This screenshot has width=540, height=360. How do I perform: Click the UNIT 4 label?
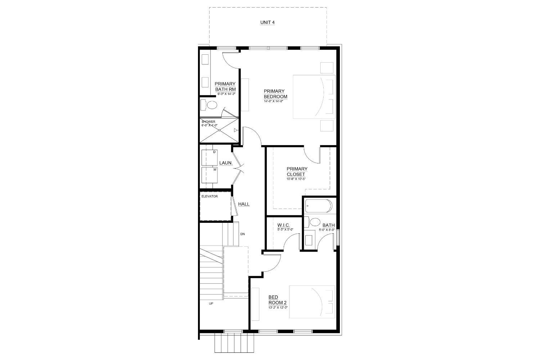point(267,22)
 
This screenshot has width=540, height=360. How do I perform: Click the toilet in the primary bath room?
point(211,105)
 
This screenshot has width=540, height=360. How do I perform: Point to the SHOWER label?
point(208,122)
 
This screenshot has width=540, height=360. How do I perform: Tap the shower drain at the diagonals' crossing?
point(219,130)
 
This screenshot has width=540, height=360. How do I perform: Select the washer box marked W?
point(210,174)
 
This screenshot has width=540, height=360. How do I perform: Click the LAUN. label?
point(226,163)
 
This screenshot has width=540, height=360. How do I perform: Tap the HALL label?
point(244,204)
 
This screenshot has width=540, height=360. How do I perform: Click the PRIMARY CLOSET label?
point(297,171)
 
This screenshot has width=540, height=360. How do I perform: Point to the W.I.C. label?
point(284,225)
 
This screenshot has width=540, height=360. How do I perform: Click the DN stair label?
point(242,234)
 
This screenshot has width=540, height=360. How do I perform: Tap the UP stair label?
point(211,303)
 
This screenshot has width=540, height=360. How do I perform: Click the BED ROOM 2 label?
point(278,300)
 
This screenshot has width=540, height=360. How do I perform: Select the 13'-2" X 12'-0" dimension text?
point(278,307)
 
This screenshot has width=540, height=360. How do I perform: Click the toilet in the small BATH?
point(315,222)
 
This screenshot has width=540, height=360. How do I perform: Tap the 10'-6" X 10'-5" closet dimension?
point(296,179)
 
